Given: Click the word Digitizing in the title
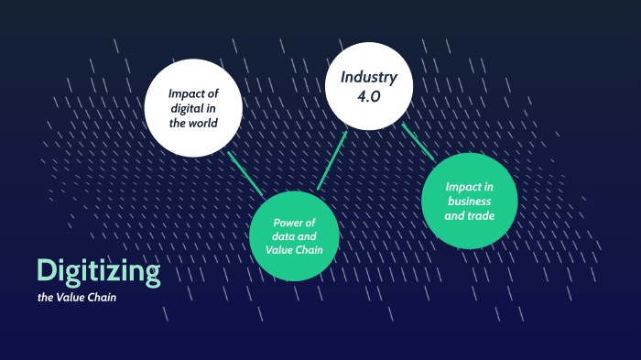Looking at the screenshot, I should coord(98,271).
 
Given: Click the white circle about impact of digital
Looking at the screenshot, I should coord(193,107).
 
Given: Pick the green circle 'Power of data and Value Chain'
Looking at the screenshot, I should coord(295,235).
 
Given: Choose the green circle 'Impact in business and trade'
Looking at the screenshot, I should coord(470,202).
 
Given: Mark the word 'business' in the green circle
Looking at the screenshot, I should coord(468,202).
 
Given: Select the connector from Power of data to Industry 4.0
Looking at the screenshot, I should coord(332,160).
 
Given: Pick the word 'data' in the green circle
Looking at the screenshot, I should coord(283,236).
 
